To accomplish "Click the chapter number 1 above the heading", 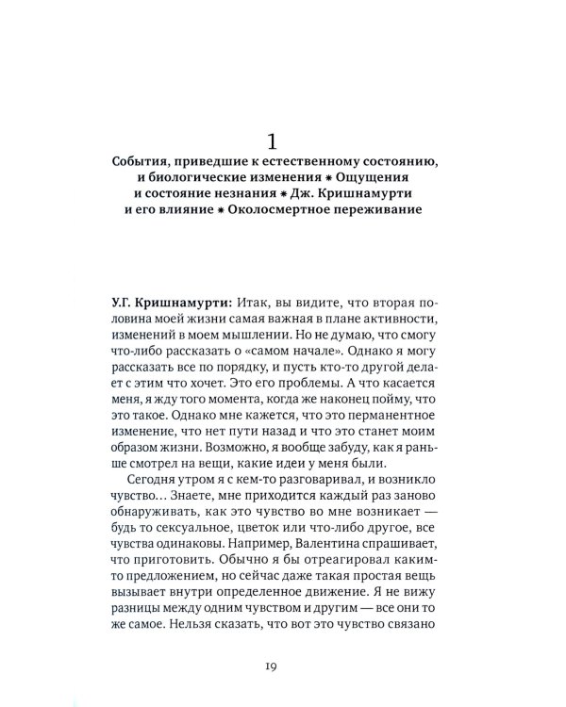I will (272, 142).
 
